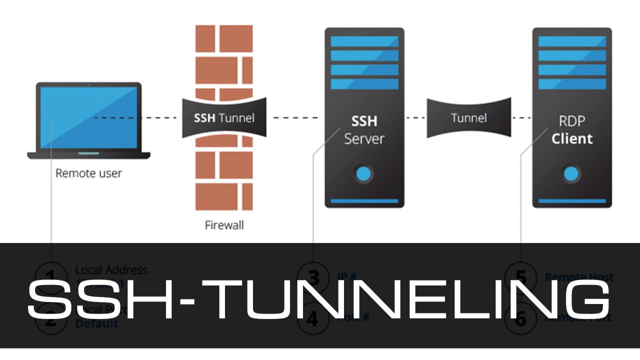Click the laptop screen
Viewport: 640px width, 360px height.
point(88,117)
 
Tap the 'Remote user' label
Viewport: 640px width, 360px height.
point(88,173)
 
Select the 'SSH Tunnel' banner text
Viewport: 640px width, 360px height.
point(224,118)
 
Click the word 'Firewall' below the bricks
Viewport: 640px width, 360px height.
point(224,225)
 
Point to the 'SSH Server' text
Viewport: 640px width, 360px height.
point(364,130)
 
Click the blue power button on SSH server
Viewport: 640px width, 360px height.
point(364,174)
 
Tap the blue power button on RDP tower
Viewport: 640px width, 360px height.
point(571,174)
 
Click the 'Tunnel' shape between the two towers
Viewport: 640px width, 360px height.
point(468,118)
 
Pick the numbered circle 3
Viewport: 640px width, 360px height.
point(313,276)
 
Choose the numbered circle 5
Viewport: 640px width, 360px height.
point(520,276)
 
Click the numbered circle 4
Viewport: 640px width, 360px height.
point(313,318)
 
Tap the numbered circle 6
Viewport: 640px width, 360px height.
point(520,318)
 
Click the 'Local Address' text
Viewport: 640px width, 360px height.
point(111,270)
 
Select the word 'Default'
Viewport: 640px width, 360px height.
point(97,323)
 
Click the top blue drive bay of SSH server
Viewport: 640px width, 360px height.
point(364,41)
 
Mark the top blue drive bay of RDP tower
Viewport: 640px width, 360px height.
point(571,41)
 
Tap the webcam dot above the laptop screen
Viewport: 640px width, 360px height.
point(88,85)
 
